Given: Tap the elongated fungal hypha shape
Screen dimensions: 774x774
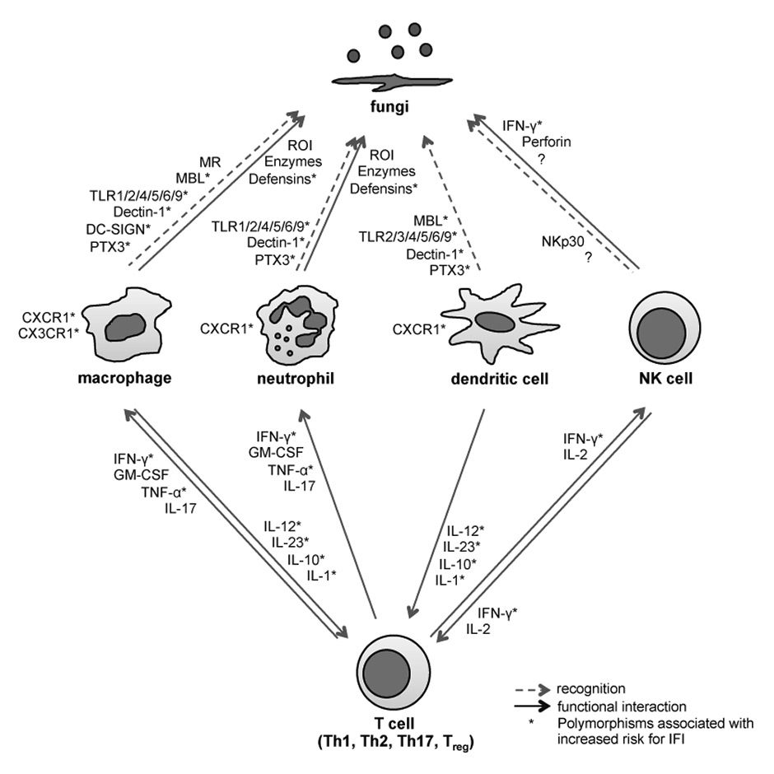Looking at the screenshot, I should coord(385,80).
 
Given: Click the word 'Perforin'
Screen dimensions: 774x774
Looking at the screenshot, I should coord(546,142).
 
